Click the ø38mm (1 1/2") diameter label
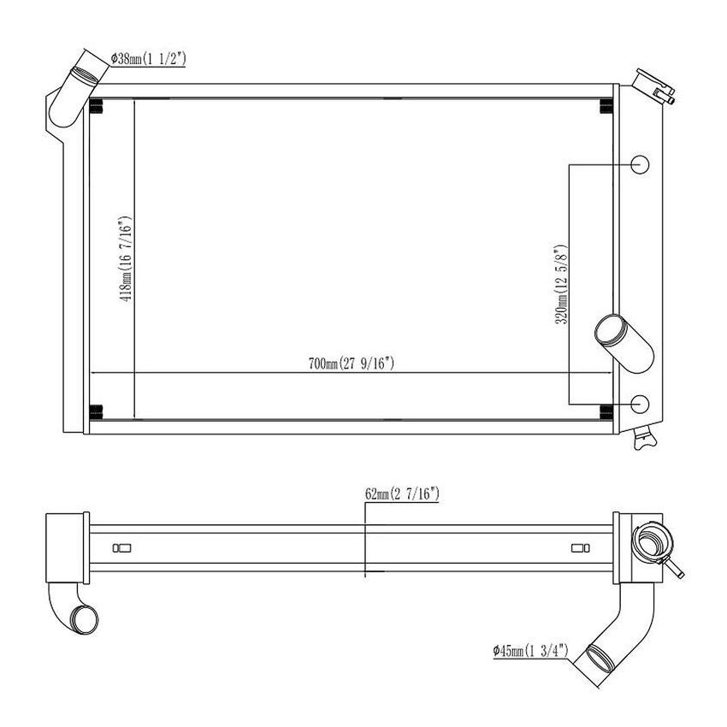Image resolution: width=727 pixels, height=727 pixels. coord(149,59)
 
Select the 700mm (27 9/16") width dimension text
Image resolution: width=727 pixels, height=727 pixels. coord(351,363)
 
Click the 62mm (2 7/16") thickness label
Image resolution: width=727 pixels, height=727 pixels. coord(402,494)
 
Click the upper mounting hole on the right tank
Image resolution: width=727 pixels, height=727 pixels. coord(641,165)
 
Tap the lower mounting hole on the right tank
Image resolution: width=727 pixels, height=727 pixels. coord(641,403)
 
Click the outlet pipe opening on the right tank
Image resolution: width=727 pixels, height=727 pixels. coord(610,328)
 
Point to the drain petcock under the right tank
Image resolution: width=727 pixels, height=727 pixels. coord(642,440)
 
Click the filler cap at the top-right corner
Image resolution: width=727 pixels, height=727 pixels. coord(653,86)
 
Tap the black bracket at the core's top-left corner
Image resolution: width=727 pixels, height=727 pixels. coord(97,108)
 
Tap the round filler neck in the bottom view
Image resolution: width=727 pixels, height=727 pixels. coord(650,541)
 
